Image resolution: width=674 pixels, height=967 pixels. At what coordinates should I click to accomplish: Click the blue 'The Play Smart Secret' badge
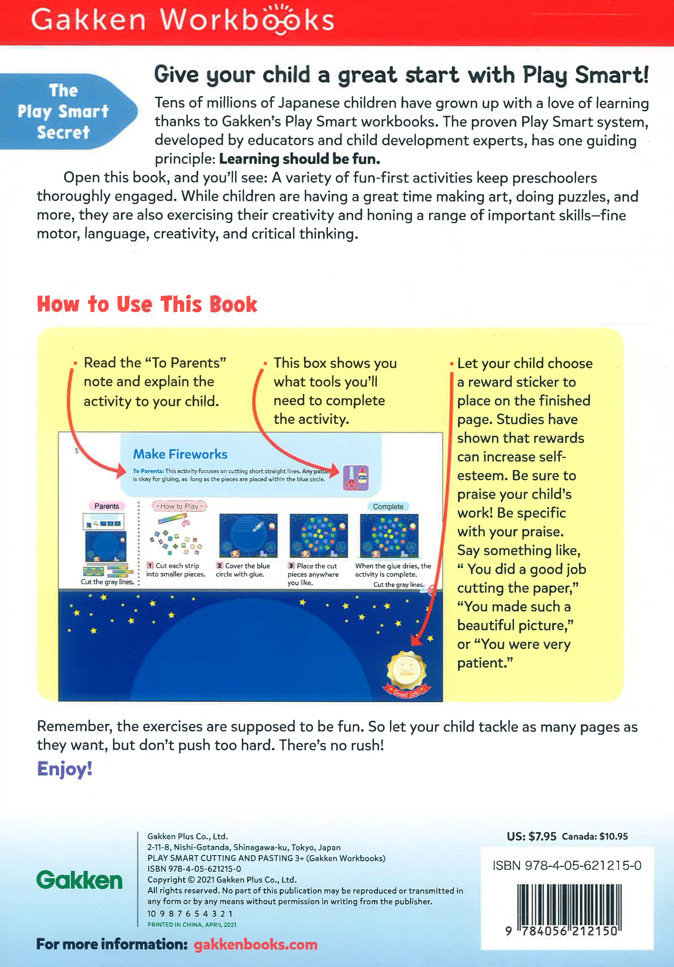67,111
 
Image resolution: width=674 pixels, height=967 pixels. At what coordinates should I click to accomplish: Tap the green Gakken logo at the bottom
80,880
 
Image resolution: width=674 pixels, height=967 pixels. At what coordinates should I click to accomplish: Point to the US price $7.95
531,837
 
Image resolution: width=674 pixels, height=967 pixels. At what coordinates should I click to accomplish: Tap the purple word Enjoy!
64,769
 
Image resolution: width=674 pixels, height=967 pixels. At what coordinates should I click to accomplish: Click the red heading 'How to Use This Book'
147,304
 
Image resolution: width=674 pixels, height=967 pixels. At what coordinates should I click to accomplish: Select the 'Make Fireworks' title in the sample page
180,454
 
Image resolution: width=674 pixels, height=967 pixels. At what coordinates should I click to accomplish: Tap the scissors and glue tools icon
356,478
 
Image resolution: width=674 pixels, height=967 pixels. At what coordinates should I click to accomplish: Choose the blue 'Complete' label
388,507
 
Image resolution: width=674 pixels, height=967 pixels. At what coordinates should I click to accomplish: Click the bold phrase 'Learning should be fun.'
300,159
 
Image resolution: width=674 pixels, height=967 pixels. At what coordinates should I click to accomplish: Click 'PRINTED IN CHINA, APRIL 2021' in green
192,925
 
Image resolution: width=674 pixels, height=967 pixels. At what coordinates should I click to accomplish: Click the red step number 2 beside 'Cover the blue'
219,566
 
